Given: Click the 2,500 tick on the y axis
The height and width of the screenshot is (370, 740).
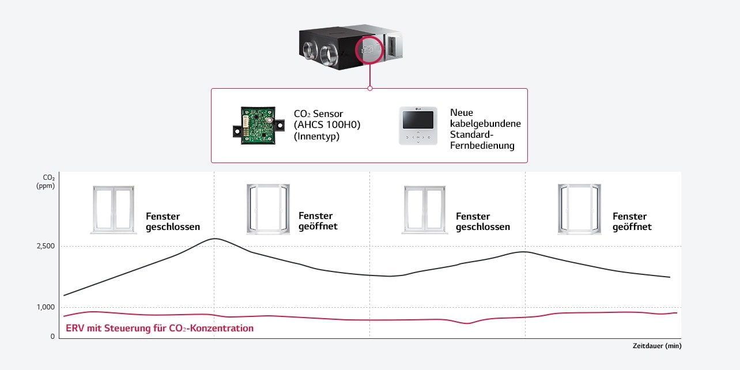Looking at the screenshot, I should [x=45, y=247].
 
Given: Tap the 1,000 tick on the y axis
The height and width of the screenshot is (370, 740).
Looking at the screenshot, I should [x=45, y=307].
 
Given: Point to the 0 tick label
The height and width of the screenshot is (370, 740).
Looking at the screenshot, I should [x=53, y=336].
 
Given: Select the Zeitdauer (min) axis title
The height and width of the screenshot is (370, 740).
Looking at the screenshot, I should [x=656, y=346].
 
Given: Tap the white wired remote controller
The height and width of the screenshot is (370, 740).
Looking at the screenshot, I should [x=419, y=125].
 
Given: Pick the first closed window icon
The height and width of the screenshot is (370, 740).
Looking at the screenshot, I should [x=113, y=209].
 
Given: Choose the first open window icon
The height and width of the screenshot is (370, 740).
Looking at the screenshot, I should [x=268, y=209].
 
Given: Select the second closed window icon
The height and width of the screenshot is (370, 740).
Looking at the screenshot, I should [x=425, y=209].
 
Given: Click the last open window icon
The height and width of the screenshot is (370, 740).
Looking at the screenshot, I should [x=579, y=209].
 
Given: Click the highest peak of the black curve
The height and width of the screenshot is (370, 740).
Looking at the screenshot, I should [x=214, y=239].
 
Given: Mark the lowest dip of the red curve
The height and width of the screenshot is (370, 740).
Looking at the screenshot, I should [x=467, y=323].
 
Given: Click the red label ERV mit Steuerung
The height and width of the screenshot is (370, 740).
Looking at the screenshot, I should [x=160, y=329].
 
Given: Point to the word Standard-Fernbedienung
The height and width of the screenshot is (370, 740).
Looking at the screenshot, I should [x=482, y=141].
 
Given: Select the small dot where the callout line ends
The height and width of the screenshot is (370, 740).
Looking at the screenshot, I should [x=369, y=88].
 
